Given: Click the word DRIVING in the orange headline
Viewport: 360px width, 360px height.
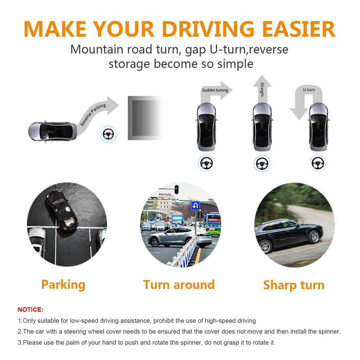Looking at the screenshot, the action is click(208, 29).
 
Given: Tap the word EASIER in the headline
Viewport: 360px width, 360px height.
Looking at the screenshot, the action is click(299, 29).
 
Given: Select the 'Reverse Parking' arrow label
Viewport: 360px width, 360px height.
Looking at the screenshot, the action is click(93, 114).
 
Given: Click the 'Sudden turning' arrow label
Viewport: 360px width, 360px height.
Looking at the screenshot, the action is click(215, 90).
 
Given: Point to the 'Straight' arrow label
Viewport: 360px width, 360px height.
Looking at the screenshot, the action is click(262, 90).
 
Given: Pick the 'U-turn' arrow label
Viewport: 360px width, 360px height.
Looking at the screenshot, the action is click(309, 90).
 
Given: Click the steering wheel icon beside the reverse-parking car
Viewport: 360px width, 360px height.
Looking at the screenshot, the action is click(109, 134).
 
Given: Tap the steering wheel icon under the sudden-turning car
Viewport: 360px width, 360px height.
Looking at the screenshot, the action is click(206, 163).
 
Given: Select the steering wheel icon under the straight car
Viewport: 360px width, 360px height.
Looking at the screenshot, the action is click(262, 164).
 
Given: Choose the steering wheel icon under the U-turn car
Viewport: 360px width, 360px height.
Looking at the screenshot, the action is click(318, 163).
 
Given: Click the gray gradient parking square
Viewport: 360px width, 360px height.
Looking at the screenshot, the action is click(145, 118).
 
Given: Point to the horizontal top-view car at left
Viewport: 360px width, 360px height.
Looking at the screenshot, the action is click(53, 131).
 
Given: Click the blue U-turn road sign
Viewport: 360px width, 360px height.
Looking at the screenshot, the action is click(195, 206).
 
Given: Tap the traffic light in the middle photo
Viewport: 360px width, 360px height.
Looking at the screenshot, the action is click(176, 189).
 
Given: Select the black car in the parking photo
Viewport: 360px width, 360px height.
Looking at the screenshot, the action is click(62, 211).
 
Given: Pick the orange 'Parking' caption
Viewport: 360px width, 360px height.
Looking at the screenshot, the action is click(63, 285).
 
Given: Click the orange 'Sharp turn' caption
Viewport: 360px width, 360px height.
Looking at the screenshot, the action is click(294, 285).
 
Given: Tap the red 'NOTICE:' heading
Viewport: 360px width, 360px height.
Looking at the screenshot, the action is click(31, 310).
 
